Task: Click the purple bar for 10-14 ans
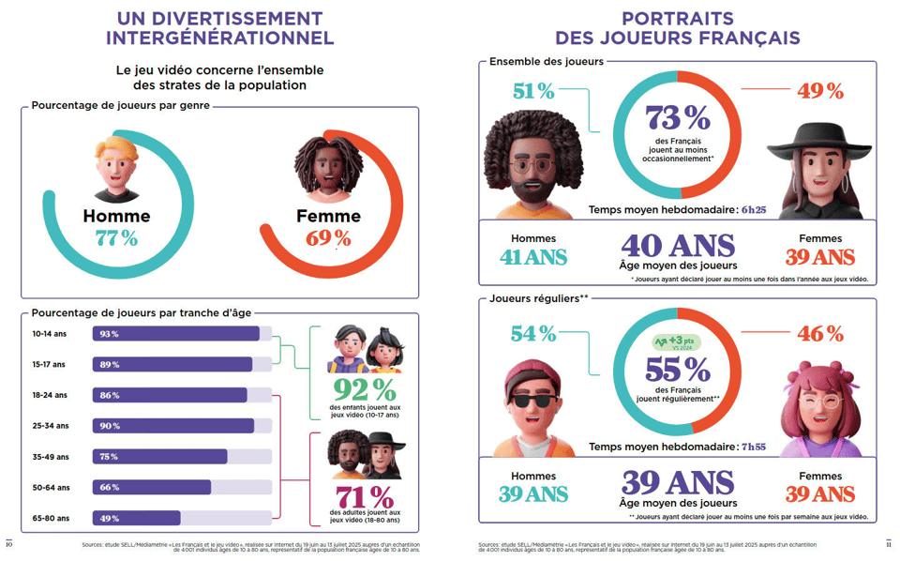(x=175, y=334)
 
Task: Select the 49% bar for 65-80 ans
(x=136, y=518)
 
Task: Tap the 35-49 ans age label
(x=50, y=457)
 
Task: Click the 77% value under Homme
(x=116, y=238)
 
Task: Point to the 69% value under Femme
(x=328, y=238)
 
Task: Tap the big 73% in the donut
(x=677, y=117)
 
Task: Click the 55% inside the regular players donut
(x=677, y=369)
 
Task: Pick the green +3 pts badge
(x=677, y=341)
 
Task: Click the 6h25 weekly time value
(x=754, y=209)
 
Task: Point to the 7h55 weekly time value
(x=754, y=447)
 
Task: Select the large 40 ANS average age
(x=678, y=246)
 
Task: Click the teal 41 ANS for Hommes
(x=532, y=256)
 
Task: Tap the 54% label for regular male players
(x=533, y=333)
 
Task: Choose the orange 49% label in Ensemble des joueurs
(x=820, y=91)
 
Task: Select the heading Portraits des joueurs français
(x=677, y=28)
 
